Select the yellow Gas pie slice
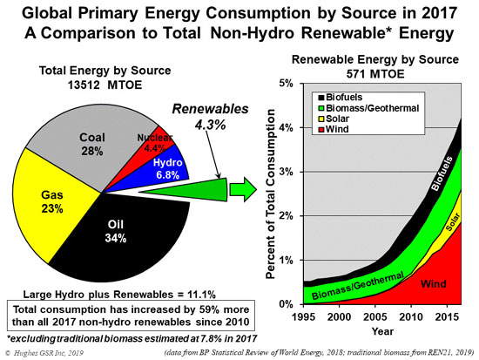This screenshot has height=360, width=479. (52, 202)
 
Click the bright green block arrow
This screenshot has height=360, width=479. (243, 190)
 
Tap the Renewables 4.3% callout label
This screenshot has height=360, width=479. (210, 117)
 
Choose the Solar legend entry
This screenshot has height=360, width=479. (334, 119)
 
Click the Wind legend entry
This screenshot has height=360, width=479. (334, 129)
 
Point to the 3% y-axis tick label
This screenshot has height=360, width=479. (287, 172)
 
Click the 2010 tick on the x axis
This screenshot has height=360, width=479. (411, 317)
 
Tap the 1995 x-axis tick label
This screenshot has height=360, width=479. (303, 317)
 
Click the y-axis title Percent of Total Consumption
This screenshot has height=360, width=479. (271, 194)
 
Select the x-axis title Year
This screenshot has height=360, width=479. (382, 331)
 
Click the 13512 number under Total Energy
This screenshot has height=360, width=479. (84, 85)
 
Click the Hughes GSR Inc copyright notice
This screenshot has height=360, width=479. (44, 353)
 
